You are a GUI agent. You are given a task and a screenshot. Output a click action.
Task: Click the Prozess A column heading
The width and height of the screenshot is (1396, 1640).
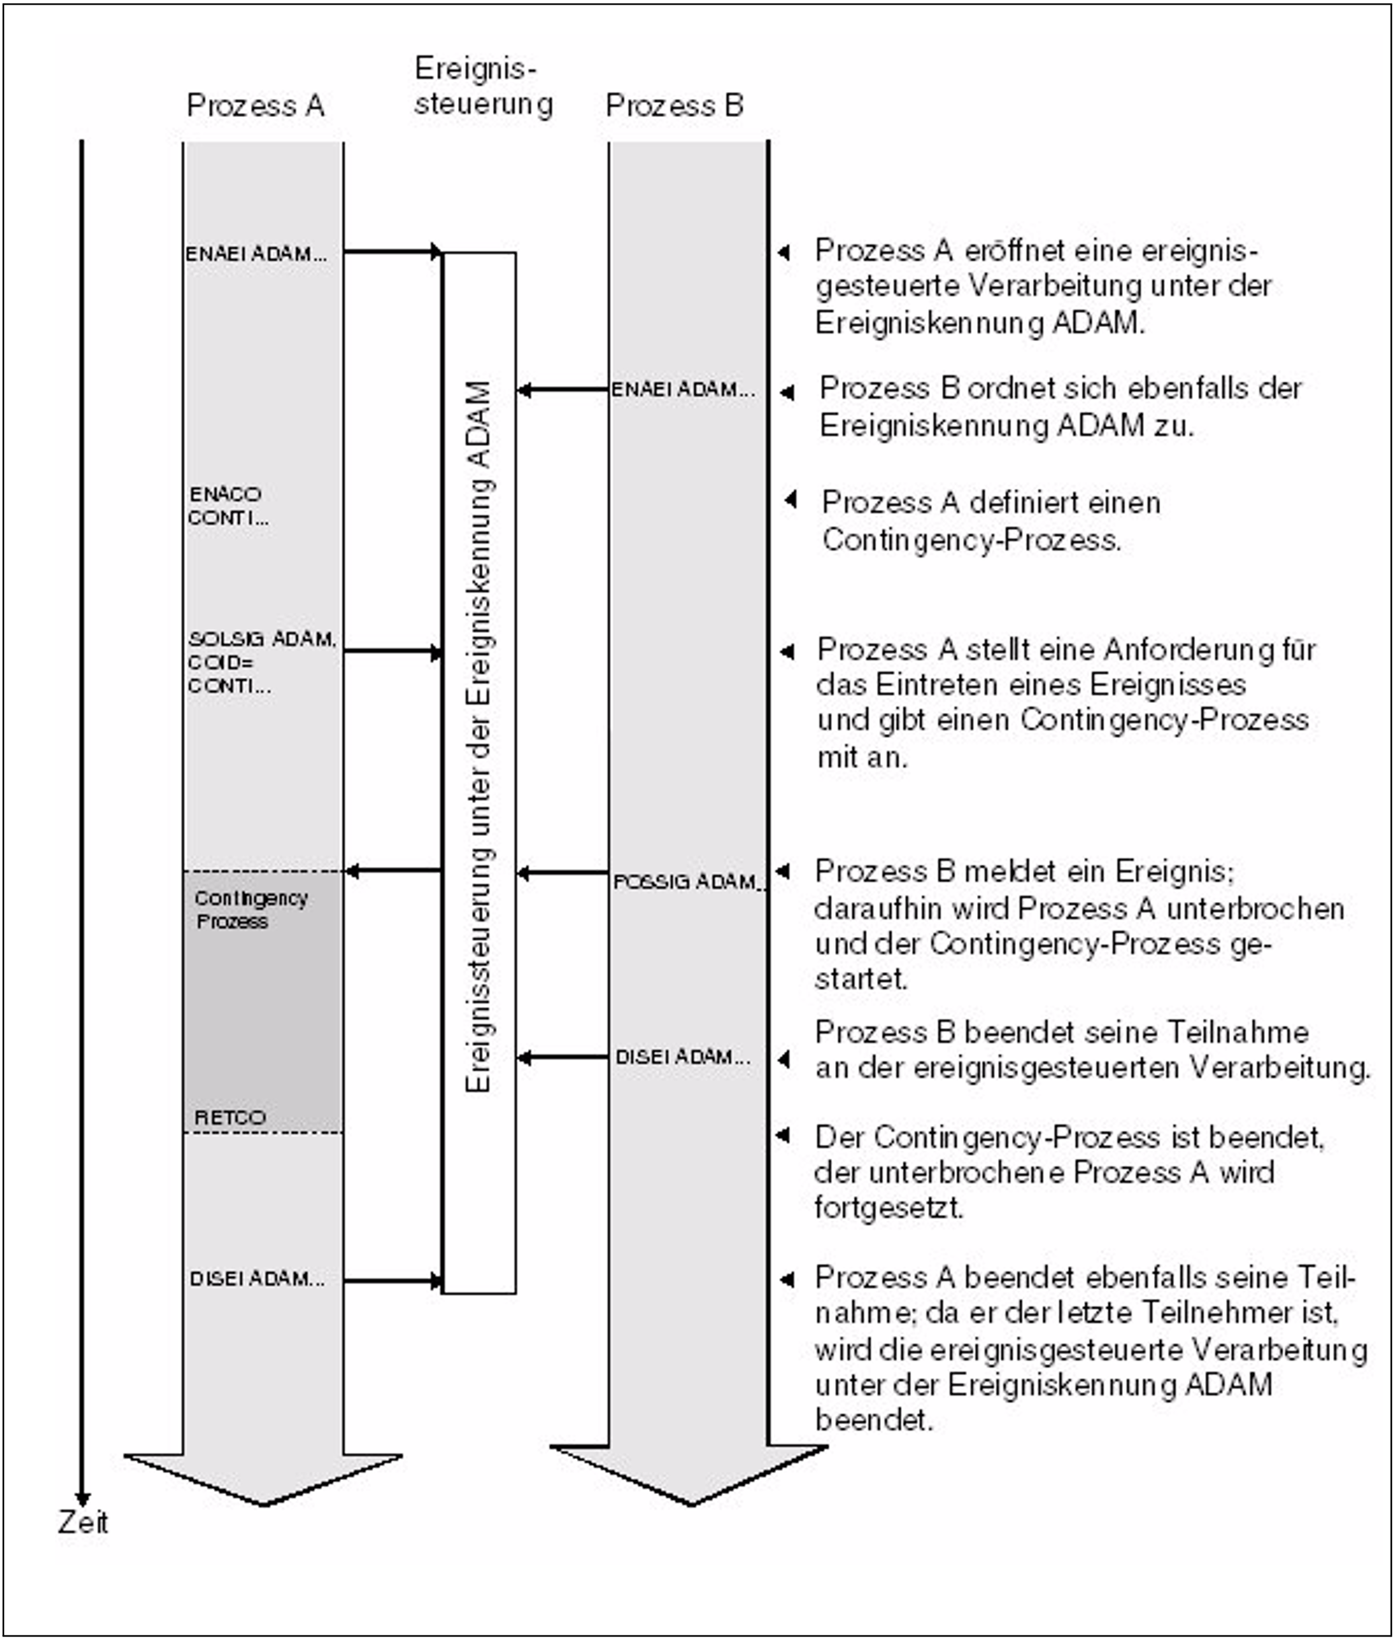[255, 105]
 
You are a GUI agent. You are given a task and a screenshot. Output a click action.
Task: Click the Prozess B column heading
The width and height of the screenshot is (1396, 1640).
[674, 105]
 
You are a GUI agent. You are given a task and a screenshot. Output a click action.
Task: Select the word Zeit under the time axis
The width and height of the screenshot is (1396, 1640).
[82, 1522]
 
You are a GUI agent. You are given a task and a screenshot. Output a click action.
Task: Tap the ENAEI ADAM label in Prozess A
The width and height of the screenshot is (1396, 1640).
[256, 254]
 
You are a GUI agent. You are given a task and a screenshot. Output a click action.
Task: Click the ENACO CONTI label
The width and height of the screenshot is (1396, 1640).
[227, 506]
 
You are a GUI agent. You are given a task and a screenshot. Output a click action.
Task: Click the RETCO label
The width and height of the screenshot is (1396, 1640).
[229, 1117]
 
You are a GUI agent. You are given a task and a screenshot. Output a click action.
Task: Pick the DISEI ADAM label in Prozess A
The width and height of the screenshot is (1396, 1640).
[257, 1279]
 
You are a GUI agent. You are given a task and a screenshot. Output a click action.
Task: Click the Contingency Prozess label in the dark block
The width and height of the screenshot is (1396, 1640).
[251, 909]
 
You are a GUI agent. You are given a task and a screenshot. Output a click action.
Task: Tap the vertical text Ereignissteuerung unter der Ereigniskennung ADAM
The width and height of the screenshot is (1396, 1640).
[479, 737]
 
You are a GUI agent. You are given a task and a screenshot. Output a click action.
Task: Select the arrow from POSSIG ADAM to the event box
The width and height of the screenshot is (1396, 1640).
[563, 873]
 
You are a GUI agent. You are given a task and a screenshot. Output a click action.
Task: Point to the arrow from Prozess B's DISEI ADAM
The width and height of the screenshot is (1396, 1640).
[563, 1057]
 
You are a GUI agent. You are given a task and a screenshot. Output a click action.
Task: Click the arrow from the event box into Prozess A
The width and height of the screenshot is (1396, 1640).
[393, 870]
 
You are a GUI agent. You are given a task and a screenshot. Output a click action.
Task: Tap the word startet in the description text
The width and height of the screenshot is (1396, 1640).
[860, 980]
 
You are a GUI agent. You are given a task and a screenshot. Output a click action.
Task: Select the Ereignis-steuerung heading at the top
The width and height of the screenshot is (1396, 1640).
[483, 85]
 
